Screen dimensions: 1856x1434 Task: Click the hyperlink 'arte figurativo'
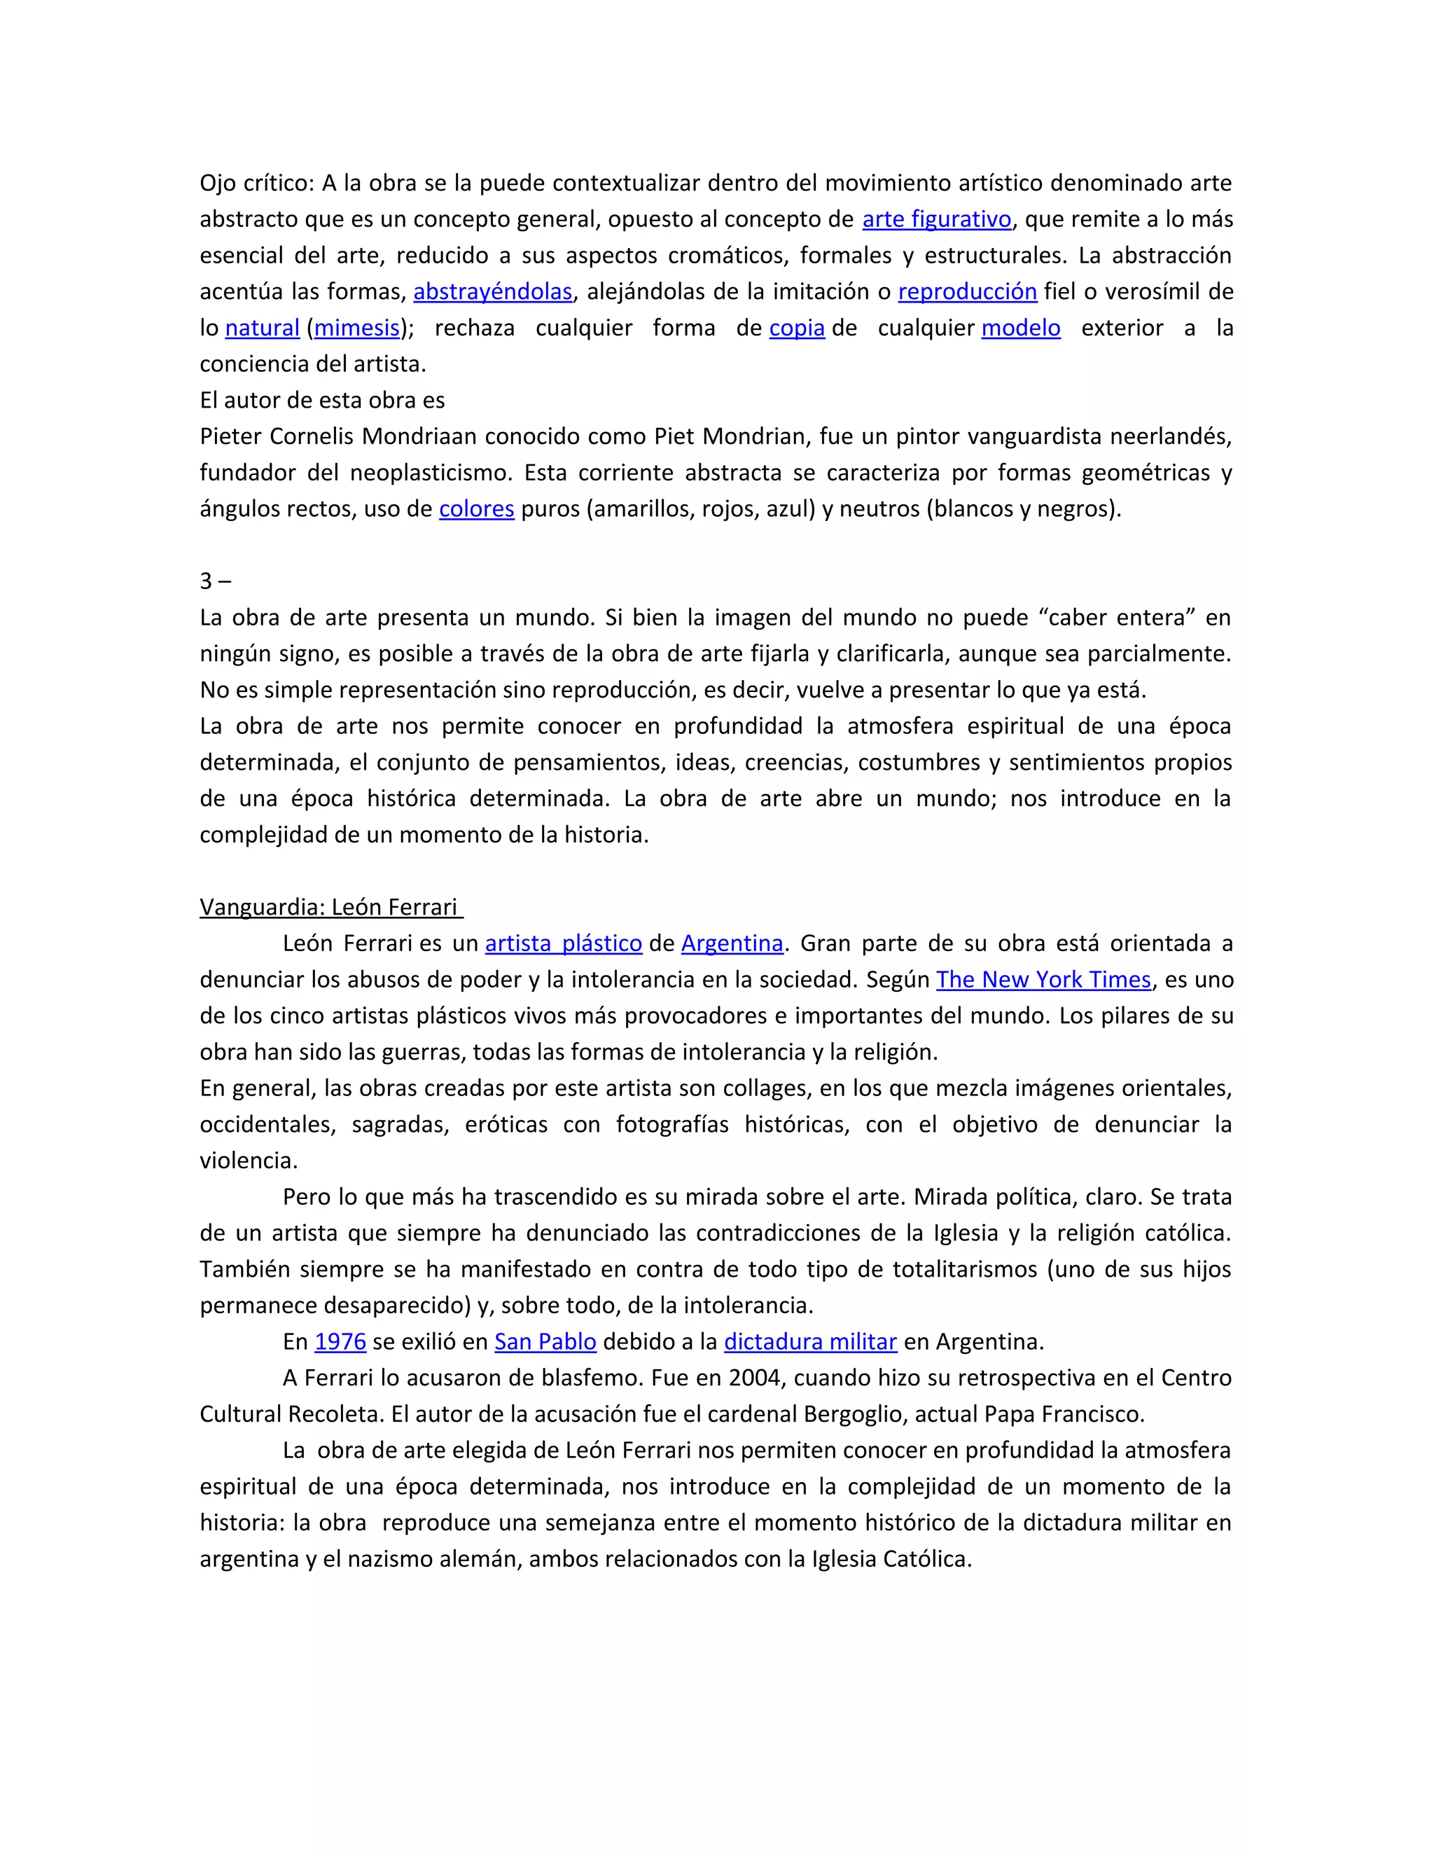(x=936, y=219)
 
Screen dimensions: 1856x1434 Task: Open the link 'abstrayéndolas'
(x=493, y=291)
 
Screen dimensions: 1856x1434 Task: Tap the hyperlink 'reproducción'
(x=967, y=291)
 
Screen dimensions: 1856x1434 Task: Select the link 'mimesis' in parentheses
(x=357, y=328)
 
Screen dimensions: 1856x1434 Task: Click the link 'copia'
(x=797, y=328)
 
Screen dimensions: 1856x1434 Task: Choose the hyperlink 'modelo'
(x=1020, y=328)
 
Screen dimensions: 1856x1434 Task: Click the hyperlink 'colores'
(x=477, y=509)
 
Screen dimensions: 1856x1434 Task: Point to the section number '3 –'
(x=215, y=581)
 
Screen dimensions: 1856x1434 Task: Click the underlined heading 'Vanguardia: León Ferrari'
(x=330, y=908)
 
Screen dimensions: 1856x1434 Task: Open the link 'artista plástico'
(x=563, y=943)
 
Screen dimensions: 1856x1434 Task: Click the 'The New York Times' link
(x=1043, y=980)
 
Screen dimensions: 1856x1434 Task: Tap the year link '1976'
(x=340, y=1342)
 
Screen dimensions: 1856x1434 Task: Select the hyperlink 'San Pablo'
(x=545, y=1342)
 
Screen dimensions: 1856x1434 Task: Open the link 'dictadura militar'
(x=809, y=1342)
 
